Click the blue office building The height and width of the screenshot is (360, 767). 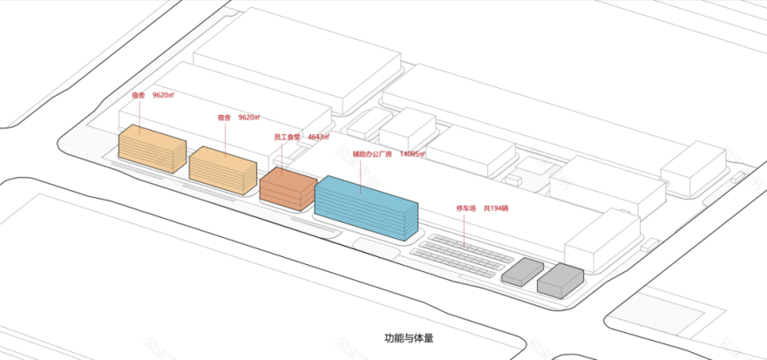tap(366, 207)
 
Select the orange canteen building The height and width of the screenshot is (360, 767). tap(286, 189)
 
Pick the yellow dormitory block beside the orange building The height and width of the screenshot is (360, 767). tap(222, 167)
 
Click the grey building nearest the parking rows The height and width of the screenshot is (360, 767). tap(522, 272)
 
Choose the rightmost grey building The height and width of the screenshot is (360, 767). tap(560, 279)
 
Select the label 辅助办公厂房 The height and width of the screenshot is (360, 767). tap(370, 154)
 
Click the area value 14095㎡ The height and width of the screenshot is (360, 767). tap(412, 154)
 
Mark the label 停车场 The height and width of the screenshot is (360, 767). tap(468, 209)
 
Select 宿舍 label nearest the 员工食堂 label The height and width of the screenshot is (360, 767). tap(224, 117)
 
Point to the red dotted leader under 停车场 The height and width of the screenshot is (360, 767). tap(468, 230)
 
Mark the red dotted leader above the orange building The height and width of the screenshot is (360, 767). tap(283, 155)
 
